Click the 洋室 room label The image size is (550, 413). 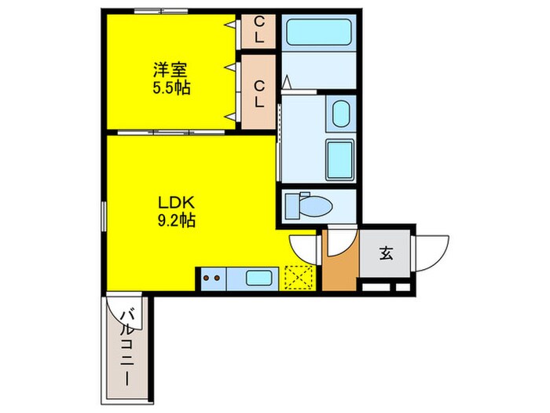click(x=170, y=70)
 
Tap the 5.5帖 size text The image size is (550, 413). click(x=171, y=87)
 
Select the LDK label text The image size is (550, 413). click(x=176, y=203)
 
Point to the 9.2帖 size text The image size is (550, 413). click(x=177, y=220)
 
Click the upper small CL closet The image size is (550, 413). click(x=258, y=30)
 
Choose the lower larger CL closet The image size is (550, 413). click(x=258, y=92)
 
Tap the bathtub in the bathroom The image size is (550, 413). click(x=319, y=32)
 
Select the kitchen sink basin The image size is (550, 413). click(x=258, y=278)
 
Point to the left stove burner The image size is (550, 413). click(x=206, y=278)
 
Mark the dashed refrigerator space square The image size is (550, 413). click(x=298, y=278)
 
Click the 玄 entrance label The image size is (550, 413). click(x=386, y=253)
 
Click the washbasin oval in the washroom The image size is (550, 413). click(x=340, y=114)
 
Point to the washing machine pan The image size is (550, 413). click(x=339, y=160)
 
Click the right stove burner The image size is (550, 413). click(x=217, y=278)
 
